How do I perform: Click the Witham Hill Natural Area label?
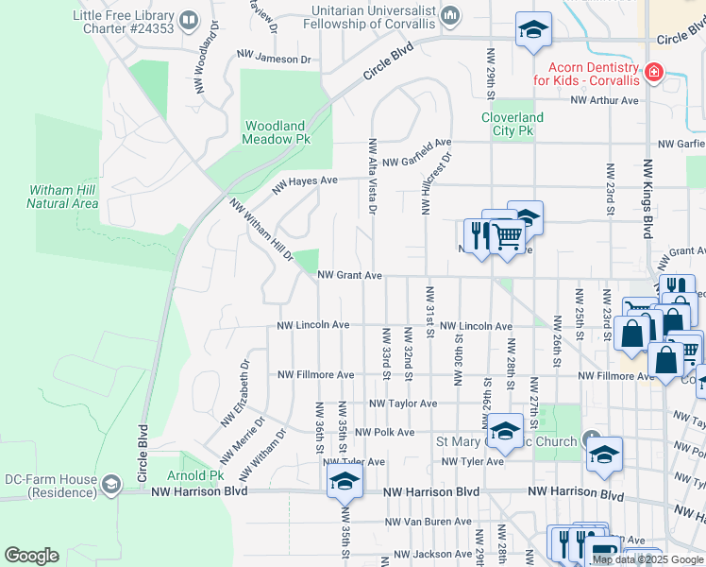coord(62,197)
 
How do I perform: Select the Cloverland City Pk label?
coord(513,124)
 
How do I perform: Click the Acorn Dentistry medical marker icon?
coord(652,72)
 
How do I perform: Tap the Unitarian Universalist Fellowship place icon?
coord(450,15)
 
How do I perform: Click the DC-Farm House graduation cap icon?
coord(111,486)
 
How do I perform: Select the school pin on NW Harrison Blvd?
coord(345,481)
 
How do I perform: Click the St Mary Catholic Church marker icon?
coord(592,441)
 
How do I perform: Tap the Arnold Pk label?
coord(195,475)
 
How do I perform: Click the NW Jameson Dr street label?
coord(274,59)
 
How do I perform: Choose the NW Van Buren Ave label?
coord(428,521)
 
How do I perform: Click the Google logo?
coord(31,556)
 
